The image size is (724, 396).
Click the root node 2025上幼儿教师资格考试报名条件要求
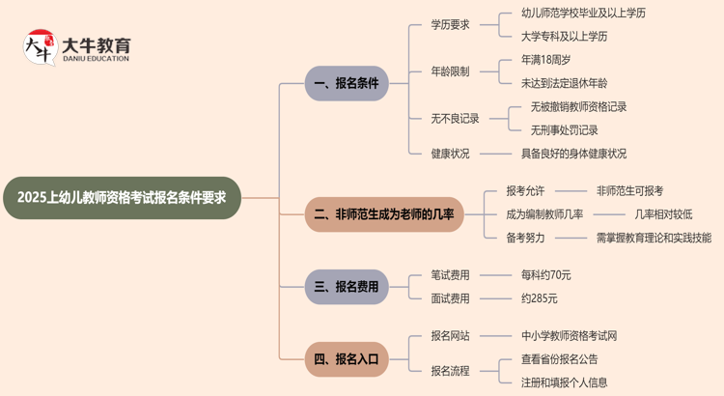click(122, 198)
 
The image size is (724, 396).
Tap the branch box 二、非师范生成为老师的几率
click(384, 213)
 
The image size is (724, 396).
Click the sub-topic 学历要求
click(450, 24)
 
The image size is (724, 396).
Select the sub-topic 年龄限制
click(450, 71)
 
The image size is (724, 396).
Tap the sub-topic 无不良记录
click(455, 119)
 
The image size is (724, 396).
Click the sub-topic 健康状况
click(450, 154)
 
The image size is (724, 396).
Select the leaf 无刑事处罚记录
click(564, 130)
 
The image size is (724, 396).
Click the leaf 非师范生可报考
click(629, 191)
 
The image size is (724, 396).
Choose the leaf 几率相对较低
click(663, 214)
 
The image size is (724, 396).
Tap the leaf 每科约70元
click(545, 275)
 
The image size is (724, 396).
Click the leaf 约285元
click(539, 298)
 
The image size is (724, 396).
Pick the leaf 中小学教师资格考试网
click(569, 336)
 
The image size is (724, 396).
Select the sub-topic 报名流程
click(450, 371)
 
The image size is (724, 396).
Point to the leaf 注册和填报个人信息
click(564, 382)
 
